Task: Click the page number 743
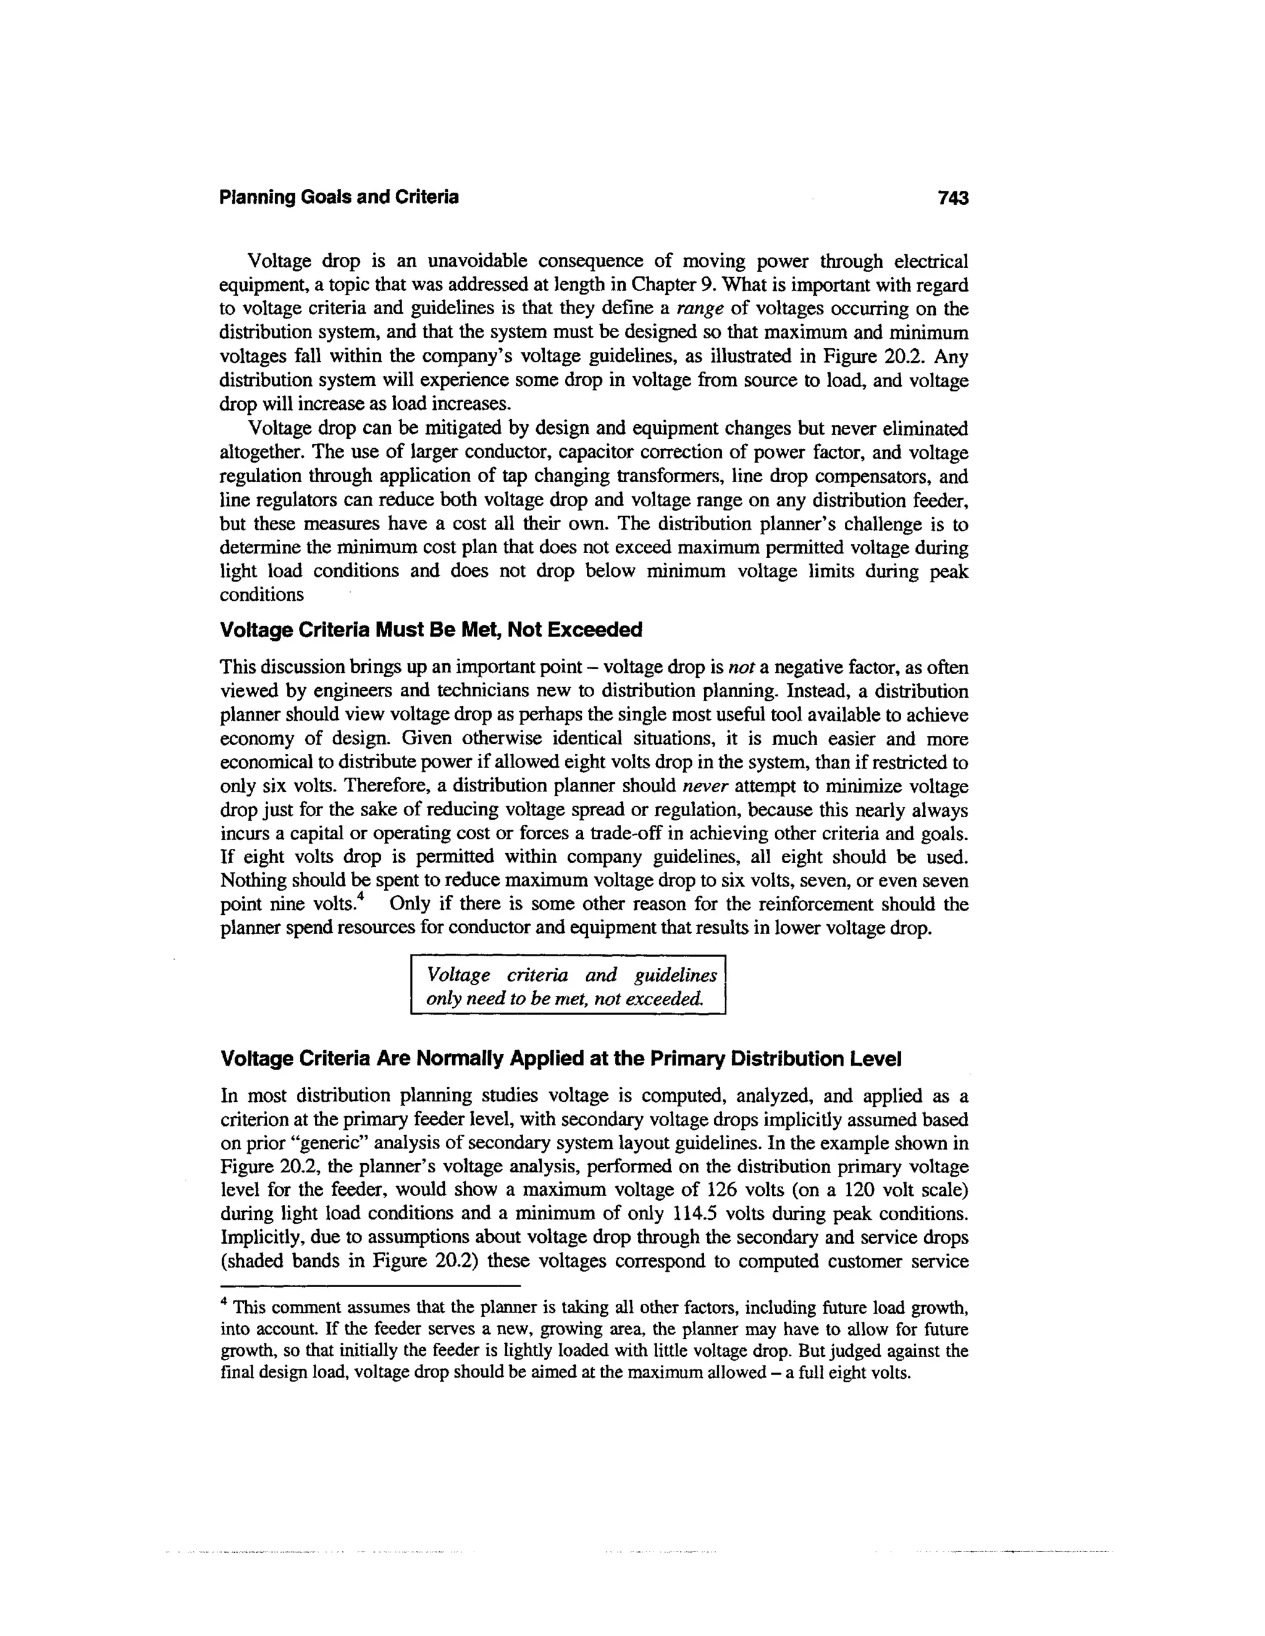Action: point(952,198)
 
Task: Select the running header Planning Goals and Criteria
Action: point(338,198)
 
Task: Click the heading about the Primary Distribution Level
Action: point(561,1059)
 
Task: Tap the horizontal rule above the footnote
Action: point(371,1285)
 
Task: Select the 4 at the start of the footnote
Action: point(224,1302)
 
